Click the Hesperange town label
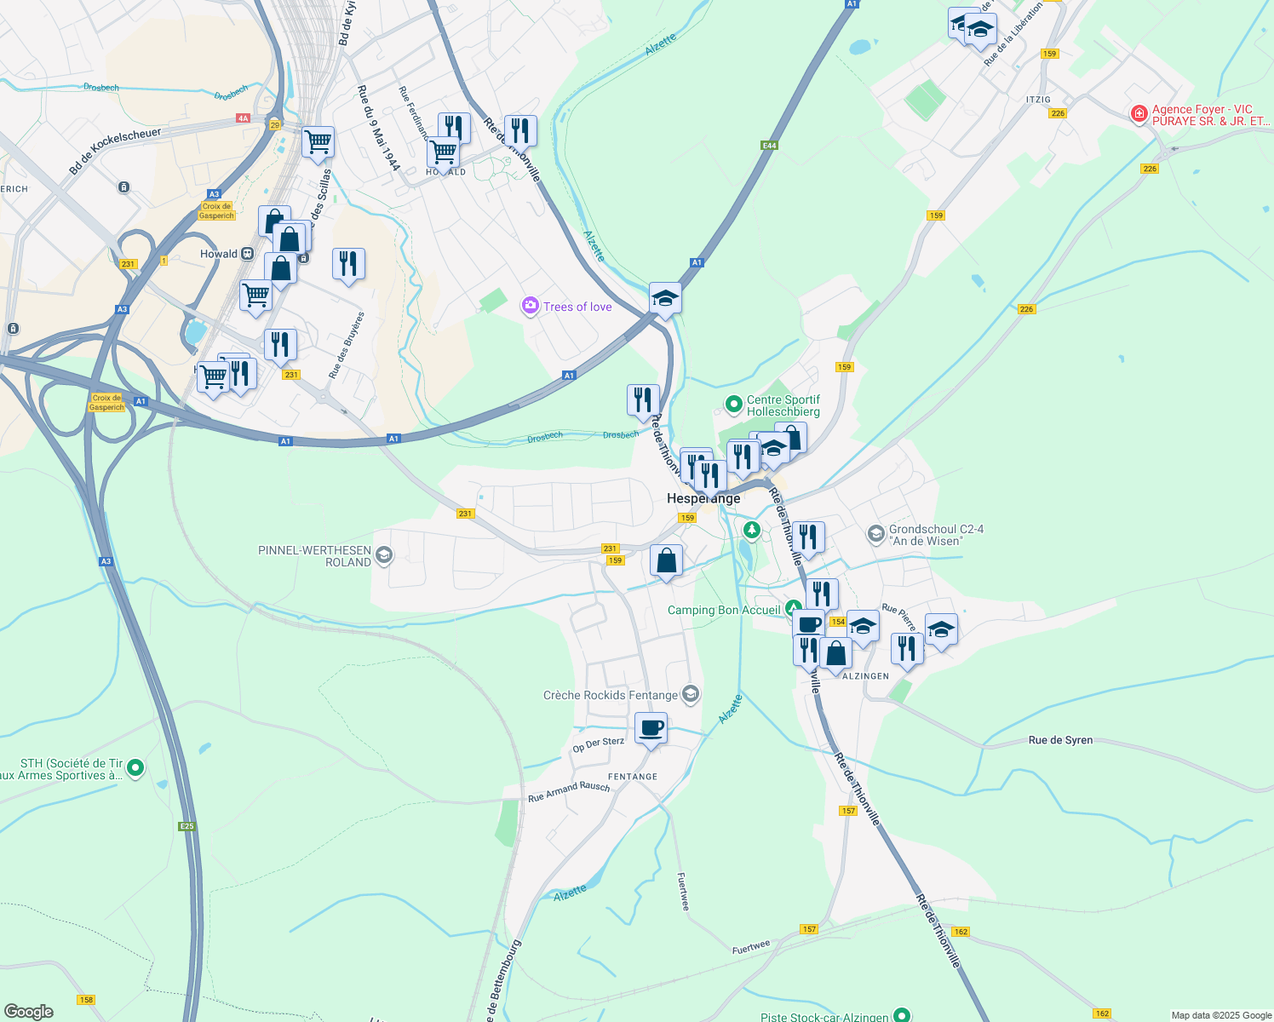point(703,498)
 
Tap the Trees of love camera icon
point(531,306)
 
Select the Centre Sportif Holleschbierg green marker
point(733,404)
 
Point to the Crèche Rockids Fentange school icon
point(692,695)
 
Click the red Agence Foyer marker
point(1139,114)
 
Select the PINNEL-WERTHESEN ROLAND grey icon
point(384,556)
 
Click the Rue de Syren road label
point(1060,740)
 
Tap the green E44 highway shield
point(769,146)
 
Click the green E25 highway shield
point(187,826)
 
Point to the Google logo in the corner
point(29,1012)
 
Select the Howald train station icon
point(248,254)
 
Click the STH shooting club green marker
point(135,768)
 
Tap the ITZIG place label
point(1038,100)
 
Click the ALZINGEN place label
point(865,676)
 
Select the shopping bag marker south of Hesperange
point(666,561)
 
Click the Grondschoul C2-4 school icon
point(875,534)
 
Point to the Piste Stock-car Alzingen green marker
point(902,1015)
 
